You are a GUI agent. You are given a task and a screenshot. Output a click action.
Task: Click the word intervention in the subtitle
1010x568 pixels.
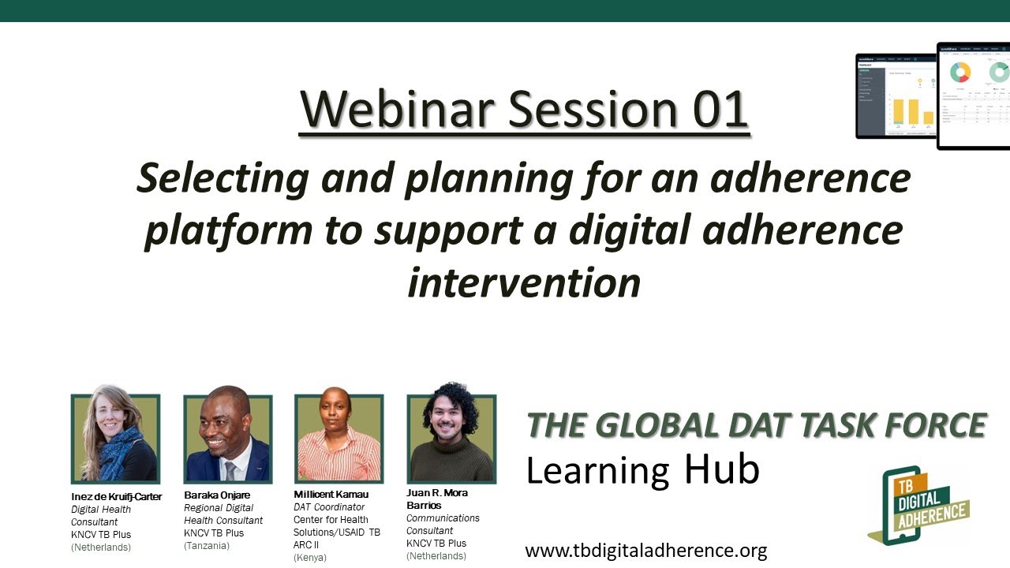[523, 282]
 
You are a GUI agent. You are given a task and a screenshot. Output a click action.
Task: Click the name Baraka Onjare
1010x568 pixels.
[216, 495]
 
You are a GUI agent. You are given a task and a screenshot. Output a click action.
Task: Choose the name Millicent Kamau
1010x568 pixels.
[331, 495]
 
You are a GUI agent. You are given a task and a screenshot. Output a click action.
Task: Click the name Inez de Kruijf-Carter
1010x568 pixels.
[116, 497]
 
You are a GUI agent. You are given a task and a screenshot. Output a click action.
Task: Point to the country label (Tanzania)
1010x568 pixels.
[206, 546]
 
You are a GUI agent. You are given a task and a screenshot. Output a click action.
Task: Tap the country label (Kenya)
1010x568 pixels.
[309, 558]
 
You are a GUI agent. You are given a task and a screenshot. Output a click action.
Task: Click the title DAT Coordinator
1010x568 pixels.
[329, 507]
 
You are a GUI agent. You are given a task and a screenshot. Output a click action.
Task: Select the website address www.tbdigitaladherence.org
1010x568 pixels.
[645, 551]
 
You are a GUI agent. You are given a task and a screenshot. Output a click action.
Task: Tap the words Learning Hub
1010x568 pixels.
[642, 470]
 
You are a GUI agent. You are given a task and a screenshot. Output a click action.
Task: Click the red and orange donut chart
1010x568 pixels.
[959, 73]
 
